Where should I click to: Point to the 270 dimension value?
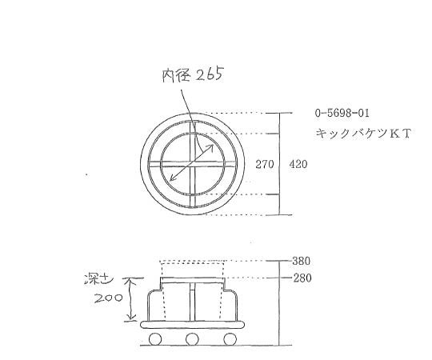[x=265, y=165]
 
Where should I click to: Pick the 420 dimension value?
[x=297, y=165]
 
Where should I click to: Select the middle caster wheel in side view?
[x=192, y=340]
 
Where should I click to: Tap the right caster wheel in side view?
[x=230, y=340]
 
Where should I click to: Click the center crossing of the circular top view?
[x=192, y=165]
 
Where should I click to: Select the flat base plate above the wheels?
[x=192, y=326]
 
